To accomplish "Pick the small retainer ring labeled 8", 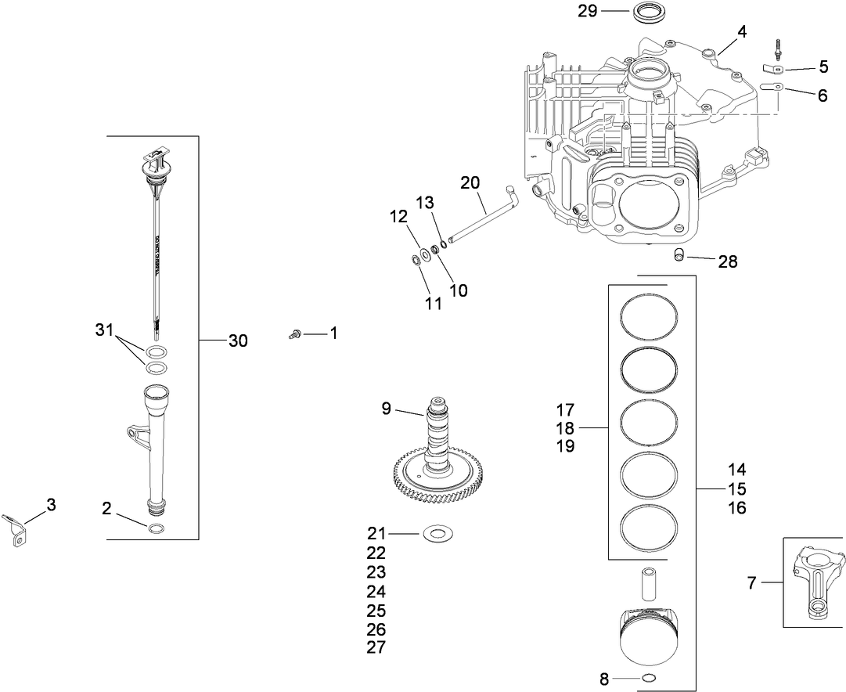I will point(648,678).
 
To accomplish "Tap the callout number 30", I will point(238,341).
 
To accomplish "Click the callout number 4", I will point(741,32).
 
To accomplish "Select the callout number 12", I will point(399,215).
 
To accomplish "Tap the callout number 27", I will point(376,647).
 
